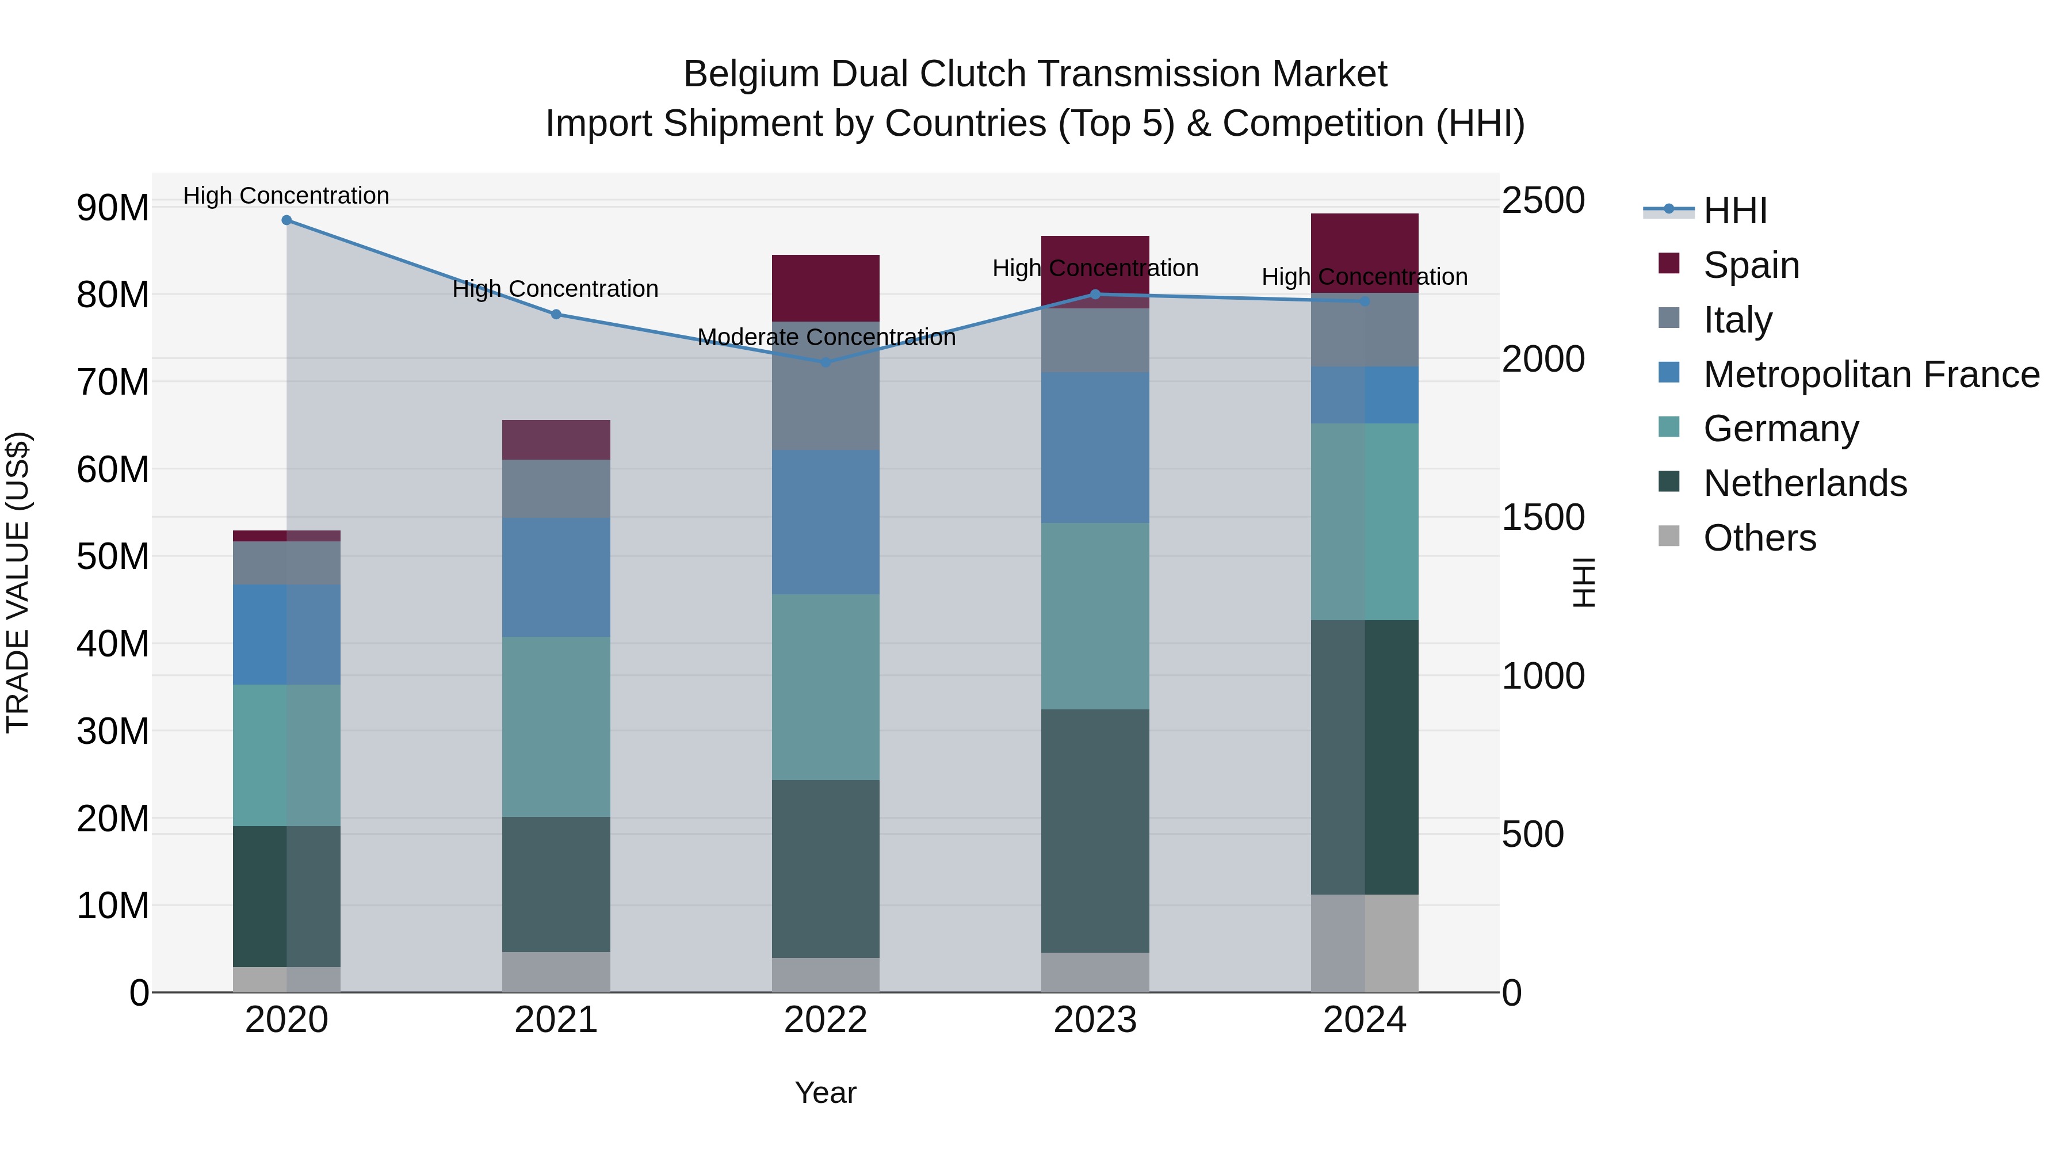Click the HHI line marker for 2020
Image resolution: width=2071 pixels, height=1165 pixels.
tap(286, 220)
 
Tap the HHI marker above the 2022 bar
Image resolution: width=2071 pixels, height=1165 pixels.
tap(826, 362)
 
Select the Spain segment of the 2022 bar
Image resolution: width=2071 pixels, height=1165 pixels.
tap(826, 288)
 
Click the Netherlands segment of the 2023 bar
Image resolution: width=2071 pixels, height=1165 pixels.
tap(1095, 831)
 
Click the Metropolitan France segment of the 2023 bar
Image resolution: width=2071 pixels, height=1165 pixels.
tap(1095, 447)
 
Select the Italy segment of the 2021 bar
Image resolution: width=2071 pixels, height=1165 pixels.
tap(556, 489)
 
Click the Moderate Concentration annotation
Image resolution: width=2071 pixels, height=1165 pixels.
tap(826, 337)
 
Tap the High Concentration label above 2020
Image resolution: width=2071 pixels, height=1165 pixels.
tap(286, 196)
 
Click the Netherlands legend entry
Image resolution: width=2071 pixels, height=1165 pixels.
tap(1804, 483)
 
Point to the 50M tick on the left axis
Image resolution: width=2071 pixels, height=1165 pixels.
tap(113, 556)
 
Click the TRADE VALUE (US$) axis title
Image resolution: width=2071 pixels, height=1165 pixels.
tap(18, 582)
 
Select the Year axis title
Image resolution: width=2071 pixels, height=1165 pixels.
tap(826, 1093)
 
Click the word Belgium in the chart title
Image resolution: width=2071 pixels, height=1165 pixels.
tap(752, 74)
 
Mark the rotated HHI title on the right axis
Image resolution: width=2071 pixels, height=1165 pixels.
tap(1583, 582)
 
